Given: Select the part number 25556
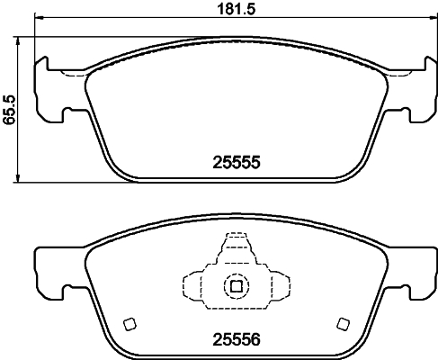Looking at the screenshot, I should [x=235, y=343].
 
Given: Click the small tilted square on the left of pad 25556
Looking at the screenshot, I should [x=129, y=324].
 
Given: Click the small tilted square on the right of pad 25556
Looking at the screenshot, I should [x=341, y=324].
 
